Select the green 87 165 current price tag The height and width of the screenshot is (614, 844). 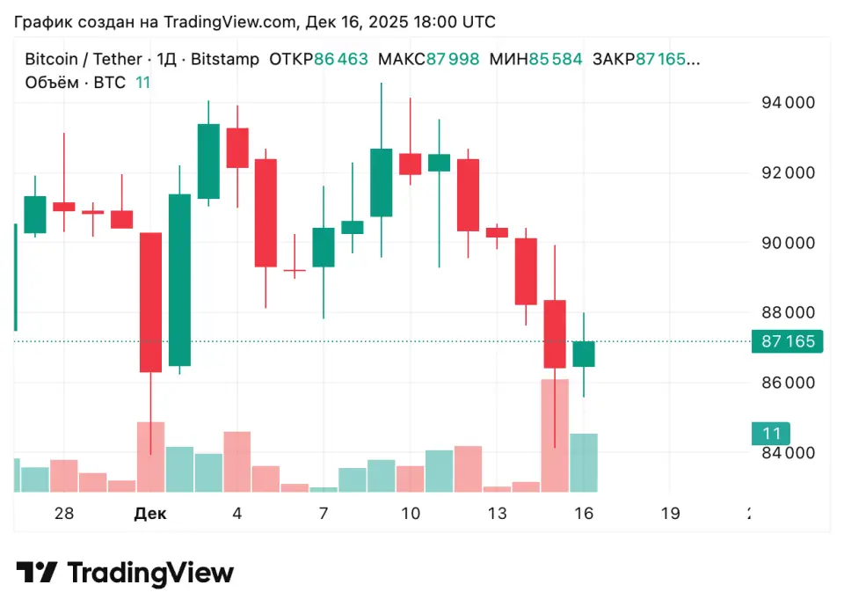coord(787,342)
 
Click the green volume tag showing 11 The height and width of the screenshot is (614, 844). coord(771,434)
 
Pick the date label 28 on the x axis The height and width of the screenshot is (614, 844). coord(63,514)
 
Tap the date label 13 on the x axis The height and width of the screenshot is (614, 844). coord(497,514)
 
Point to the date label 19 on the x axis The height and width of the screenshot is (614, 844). coord(670,514)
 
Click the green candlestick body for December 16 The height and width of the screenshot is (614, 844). coord(584,354)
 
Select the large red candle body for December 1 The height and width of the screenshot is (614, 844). coord(150,302)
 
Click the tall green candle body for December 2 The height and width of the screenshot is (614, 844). coord(179,280)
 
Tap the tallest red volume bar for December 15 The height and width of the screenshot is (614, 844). coord(555,435)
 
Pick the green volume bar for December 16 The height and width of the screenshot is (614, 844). coord(584,463)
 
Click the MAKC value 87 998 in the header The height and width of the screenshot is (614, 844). coord(453,60)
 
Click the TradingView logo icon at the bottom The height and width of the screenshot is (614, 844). coord(37,574)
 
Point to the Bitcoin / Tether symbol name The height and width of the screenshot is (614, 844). coord(83,60)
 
